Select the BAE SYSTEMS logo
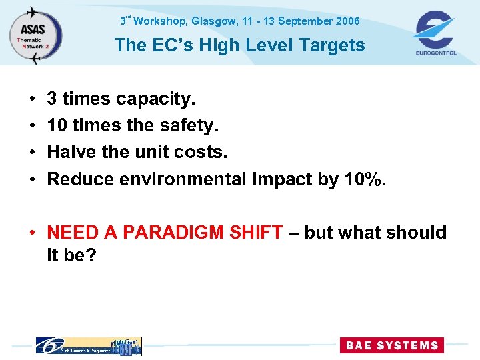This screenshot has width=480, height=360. (391, 345)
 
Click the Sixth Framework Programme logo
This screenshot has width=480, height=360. (88, 345)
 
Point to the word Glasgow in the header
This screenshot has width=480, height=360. (214, 21)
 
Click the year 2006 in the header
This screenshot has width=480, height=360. (347, 21)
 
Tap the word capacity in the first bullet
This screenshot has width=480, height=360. (155, 99)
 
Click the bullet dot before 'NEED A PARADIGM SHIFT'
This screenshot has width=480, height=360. (33, 233)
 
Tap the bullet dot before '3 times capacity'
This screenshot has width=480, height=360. (33, 100)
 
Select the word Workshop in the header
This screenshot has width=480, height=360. (161, 21)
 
